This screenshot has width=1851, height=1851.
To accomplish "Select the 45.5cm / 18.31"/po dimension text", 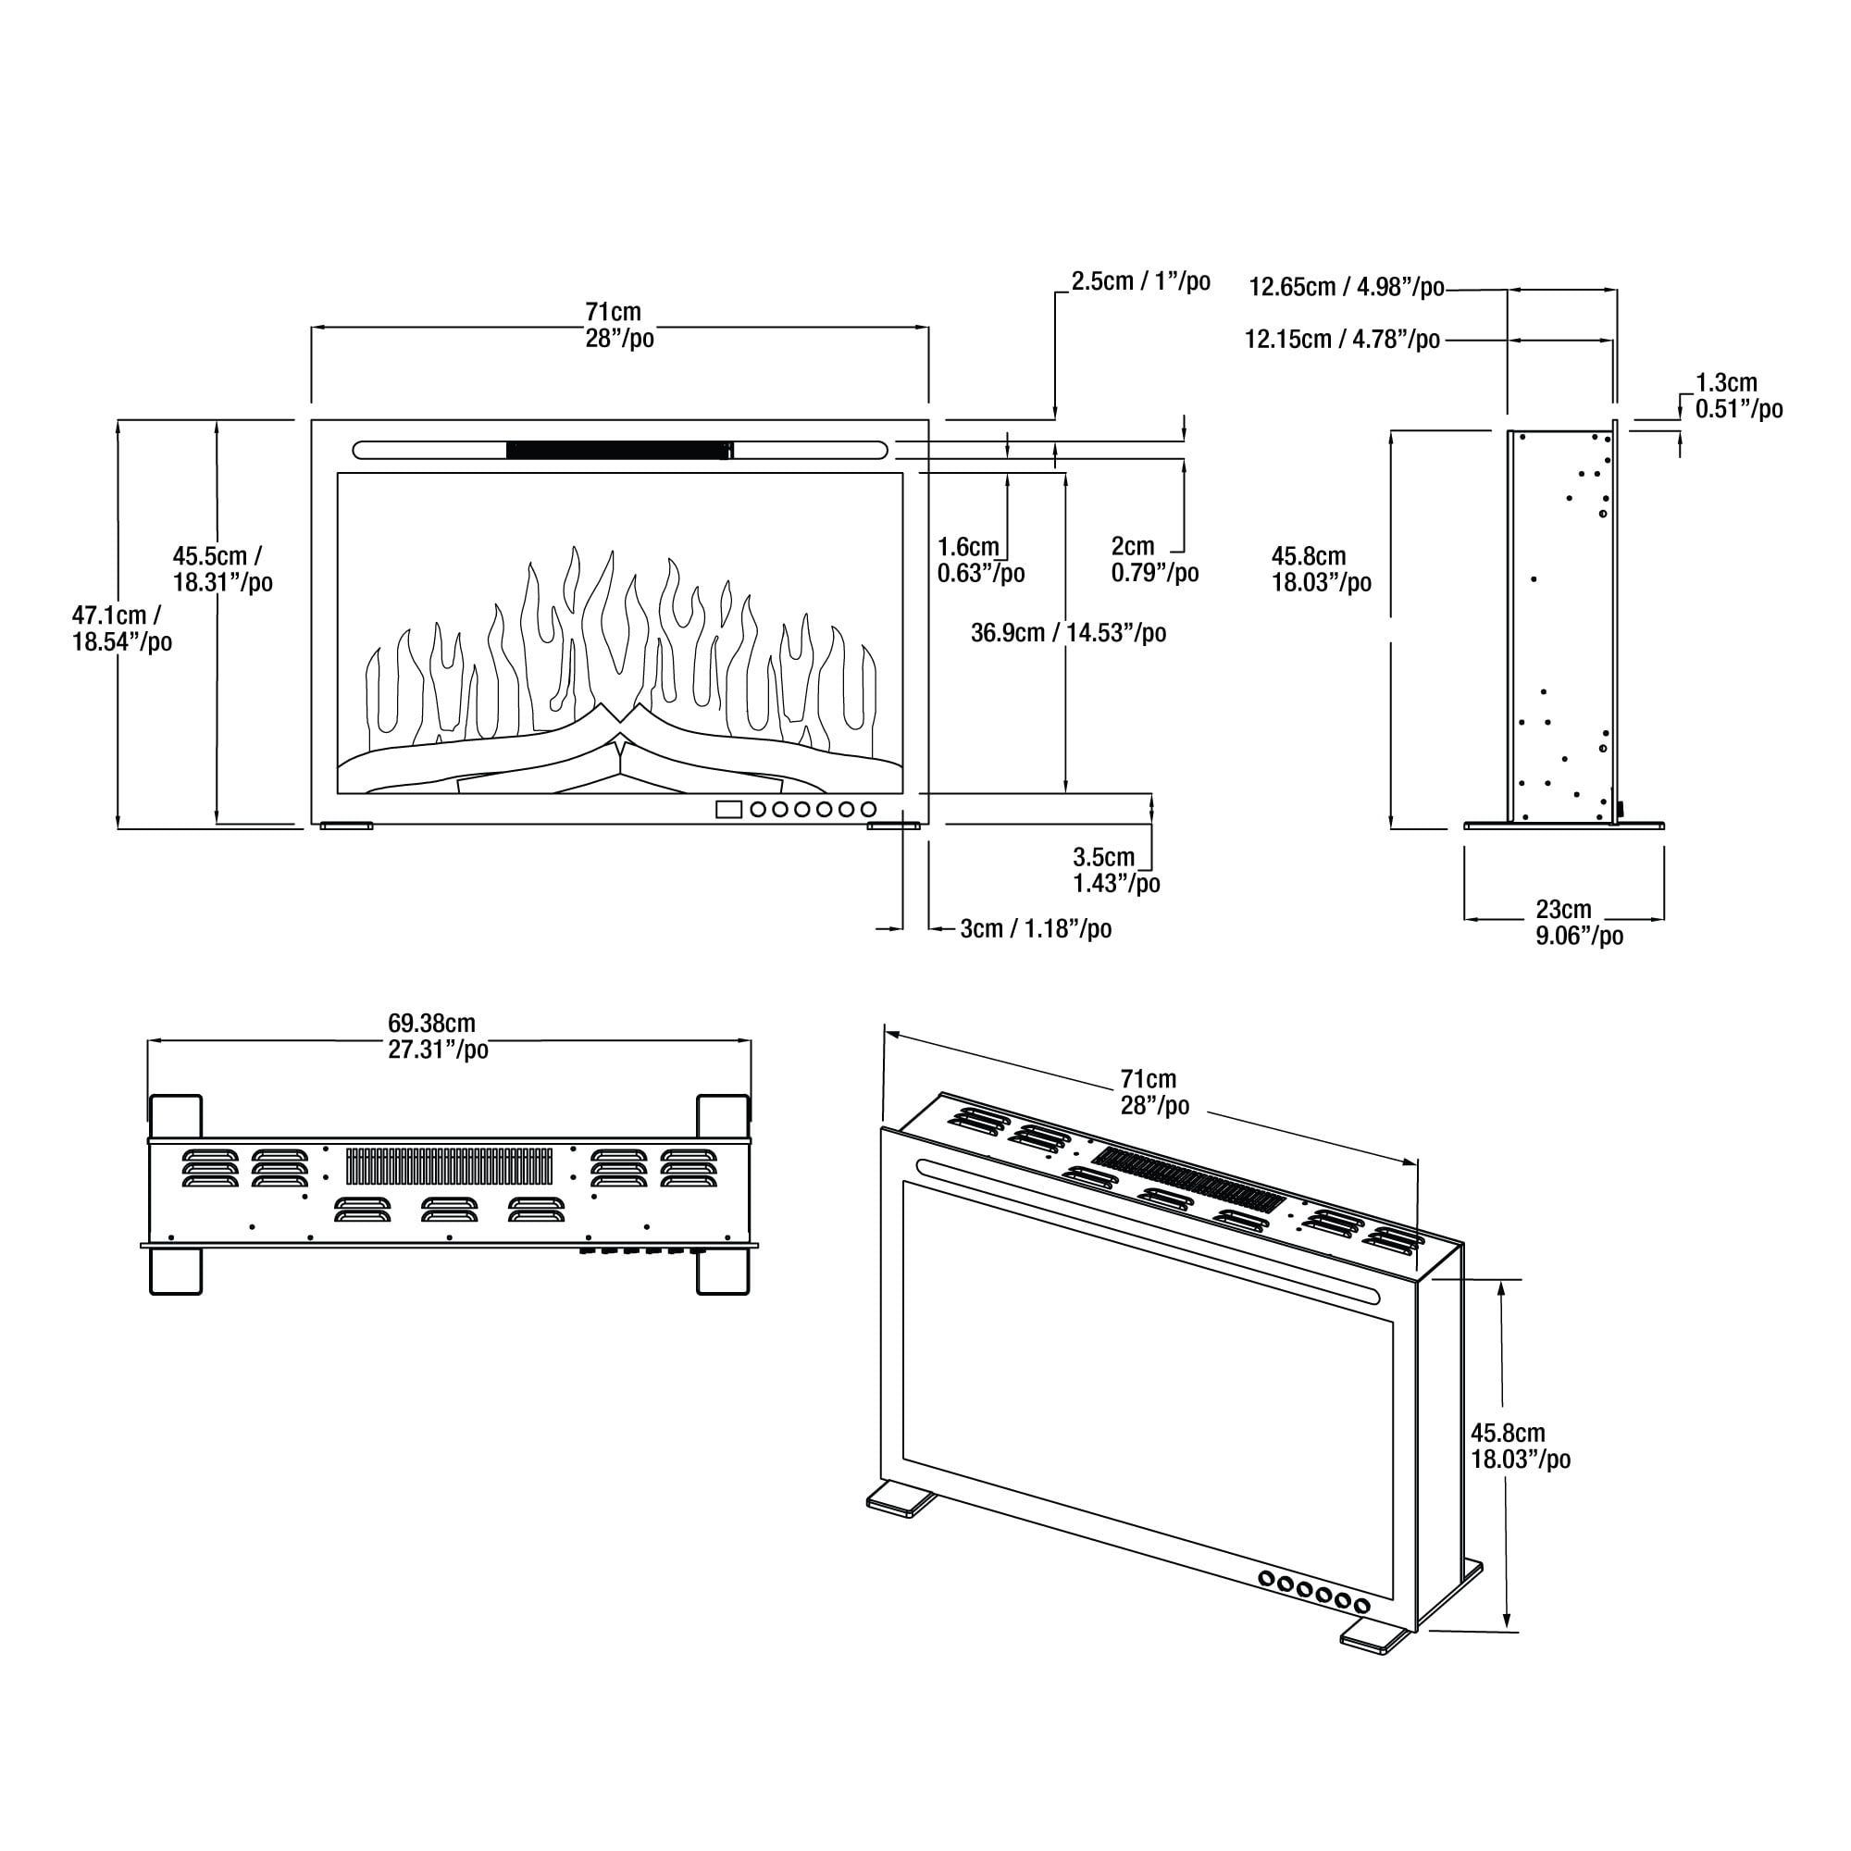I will tap(221, 569).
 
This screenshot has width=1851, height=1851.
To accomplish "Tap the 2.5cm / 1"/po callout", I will tap(1140, 281).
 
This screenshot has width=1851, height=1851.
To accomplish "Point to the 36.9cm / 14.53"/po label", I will tap(1068, 633).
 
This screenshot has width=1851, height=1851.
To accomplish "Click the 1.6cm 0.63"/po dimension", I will tap(980, 561).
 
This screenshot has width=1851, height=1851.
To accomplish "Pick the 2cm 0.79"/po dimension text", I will tap(1153, 560).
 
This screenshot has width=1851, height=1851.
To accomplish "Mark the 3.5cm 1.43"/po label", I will tap(1115, 870).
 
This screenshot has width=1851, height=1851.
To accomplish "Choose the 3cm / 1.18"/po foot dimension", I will tap(1035, 928).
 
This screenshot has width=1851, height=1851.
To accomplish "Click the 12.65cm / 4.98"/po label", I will tap(1346, 288).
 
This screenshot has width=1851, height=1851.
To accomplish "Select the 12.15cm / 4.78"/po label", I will tap(1341, 339).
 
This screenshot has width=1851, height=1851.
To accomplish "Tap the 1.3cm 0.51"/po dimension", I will tap(1738, 396).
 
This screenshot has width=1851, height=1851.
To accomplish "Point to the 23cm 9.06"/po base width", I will tap(1579, 922).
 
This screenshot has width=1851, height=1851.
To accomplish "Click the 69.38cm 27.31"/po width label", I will tap(437, 1037).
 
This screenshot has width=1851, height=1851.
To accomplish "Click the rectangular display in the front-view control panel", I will tap(728, 810).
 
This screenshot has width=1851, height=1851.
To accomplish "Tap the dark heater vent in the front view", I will tap(619, 451).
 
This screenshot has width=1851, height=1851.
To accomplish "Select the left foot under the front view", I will tap(346, 825).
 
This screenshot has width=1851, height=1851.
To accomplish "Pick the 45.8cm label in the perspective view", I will tap(1521, 1447).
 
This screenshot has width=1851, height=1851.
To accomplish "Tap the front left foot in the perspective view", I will tap(901, 1500).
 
